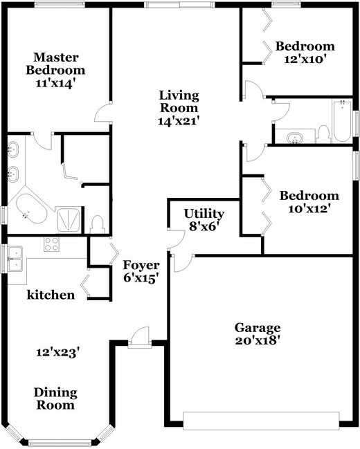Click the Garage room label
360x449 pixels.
(258, 328)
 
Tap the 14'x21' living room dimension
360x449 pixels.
(179, 121)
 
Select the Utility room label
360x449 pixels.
(204, 214)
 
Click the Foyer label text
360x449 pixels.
(141, 266)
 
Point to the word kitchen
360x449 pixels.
(51, 295)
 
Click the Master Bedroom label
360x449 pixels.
(55, 64)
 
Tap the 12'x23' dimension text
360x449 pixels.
(57, 353)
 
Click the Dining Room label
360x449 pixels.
(55, 398)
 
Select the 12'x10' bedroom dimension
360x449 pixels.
(305, 59)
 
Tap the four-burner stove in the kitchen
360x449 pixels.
(52, 244)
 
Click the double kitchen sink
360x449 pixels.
(15, 259)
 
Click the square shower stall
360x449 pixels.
(69, 219)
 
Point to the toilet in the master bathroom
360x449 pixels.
(97, 224)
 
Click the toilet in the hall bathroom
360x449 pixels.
(323, 134)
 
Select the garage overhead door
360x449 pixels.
(261, 421)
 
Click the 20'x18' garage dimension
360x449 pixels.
(258, 341)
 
